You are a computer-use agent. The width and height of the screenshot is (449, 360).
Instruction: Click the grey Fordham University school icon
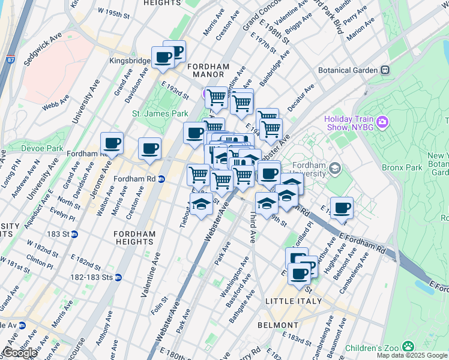coord(334,168)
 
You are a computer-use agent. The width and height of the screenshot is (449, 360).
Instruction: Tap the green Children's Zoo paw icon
coord(408,346)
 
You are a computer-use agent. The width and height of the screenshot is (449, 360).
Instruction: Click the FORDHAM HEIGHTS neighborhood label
coord(135,238)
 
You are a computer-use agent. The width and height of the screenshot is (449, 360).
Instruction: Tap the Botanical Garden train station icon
coord(385,70)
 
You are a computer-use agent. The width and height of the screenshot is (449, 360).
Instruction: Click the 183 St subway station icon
coord(74,235)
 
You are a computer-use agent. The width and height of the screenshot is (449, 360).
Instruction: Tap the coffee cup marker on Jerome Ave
coord(112,143)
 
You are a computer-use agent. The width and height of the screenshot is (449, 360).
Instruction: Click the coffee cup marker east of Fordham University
coord(342,208)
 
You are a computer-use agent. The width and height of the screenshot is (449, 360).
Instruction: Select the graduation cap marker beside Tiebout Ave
coord(201,204)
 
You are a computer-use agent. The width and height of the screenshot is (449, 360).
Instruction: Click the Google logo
coord(20,353)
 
